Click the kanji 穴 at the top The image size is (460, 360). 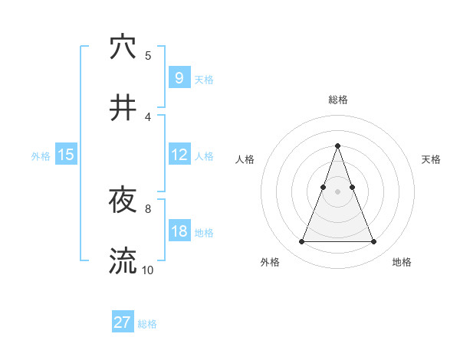pyautogui.click(x=123, y=47)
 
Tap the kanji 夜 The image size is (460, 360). pyautogui.click(x=123, y=201)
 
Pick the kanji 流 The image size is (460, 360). pyautogui.click(x=123, y=261)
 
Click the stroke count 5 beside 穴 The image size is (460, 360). pyautogui.click(x=148, y=55)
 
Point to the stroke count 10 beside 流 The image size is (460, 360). pyautogui.click(x=147, y=270)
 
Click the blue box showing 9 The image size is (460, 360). pyautogui.click(x=179, y=78)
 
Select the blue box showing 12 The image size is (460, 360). pyautogui.click(x=179, y=155)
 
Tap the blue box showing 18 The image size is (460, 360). pyautogui.click(x=179, y=231)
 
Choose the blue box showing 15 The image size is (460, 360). pyautogui.click(x=66, y=155)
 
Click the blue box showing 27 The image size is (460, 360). pyautogui.click(x=123, y=322)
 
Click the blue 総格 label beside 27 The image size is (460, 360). pyautogui.click(x=147, y=324)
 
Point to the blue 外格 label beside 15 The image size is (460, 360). pyautogui.click(x=41, y=155)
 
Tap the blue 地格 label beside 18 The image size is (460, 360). pyautogui.click(x=204, y=232)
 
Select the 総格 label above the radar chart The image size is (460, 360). pyautogui.click(x=337, y=100)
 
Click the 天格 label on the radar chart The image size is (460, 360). pyautogui.click(x=431, y=159)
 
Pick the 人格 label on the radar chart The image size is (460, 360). pyautogui.click(x=245, y=159)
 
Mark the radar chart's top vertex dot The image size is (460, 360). pyautogui.click(x=337, y=146)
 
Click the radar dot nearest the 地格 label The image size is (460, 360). pyautogui.click(x=373, y=242)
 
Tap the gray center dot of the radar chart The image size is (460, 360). pyautogui.click(x=337, y=191)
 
